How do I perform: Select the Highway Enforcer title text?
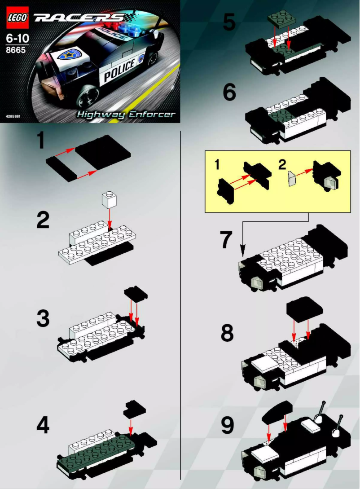click(126, 114)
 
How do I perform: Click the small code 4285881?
click(13, 116)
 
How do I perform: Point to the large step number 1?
click(41, 141)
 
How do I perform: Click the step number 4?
click(43, 425)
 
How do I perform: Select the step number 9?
click(228, 426)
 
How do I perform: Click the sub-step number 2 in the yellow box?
click(281, 164)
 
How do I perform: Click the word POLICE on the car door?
click(119, 70)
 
